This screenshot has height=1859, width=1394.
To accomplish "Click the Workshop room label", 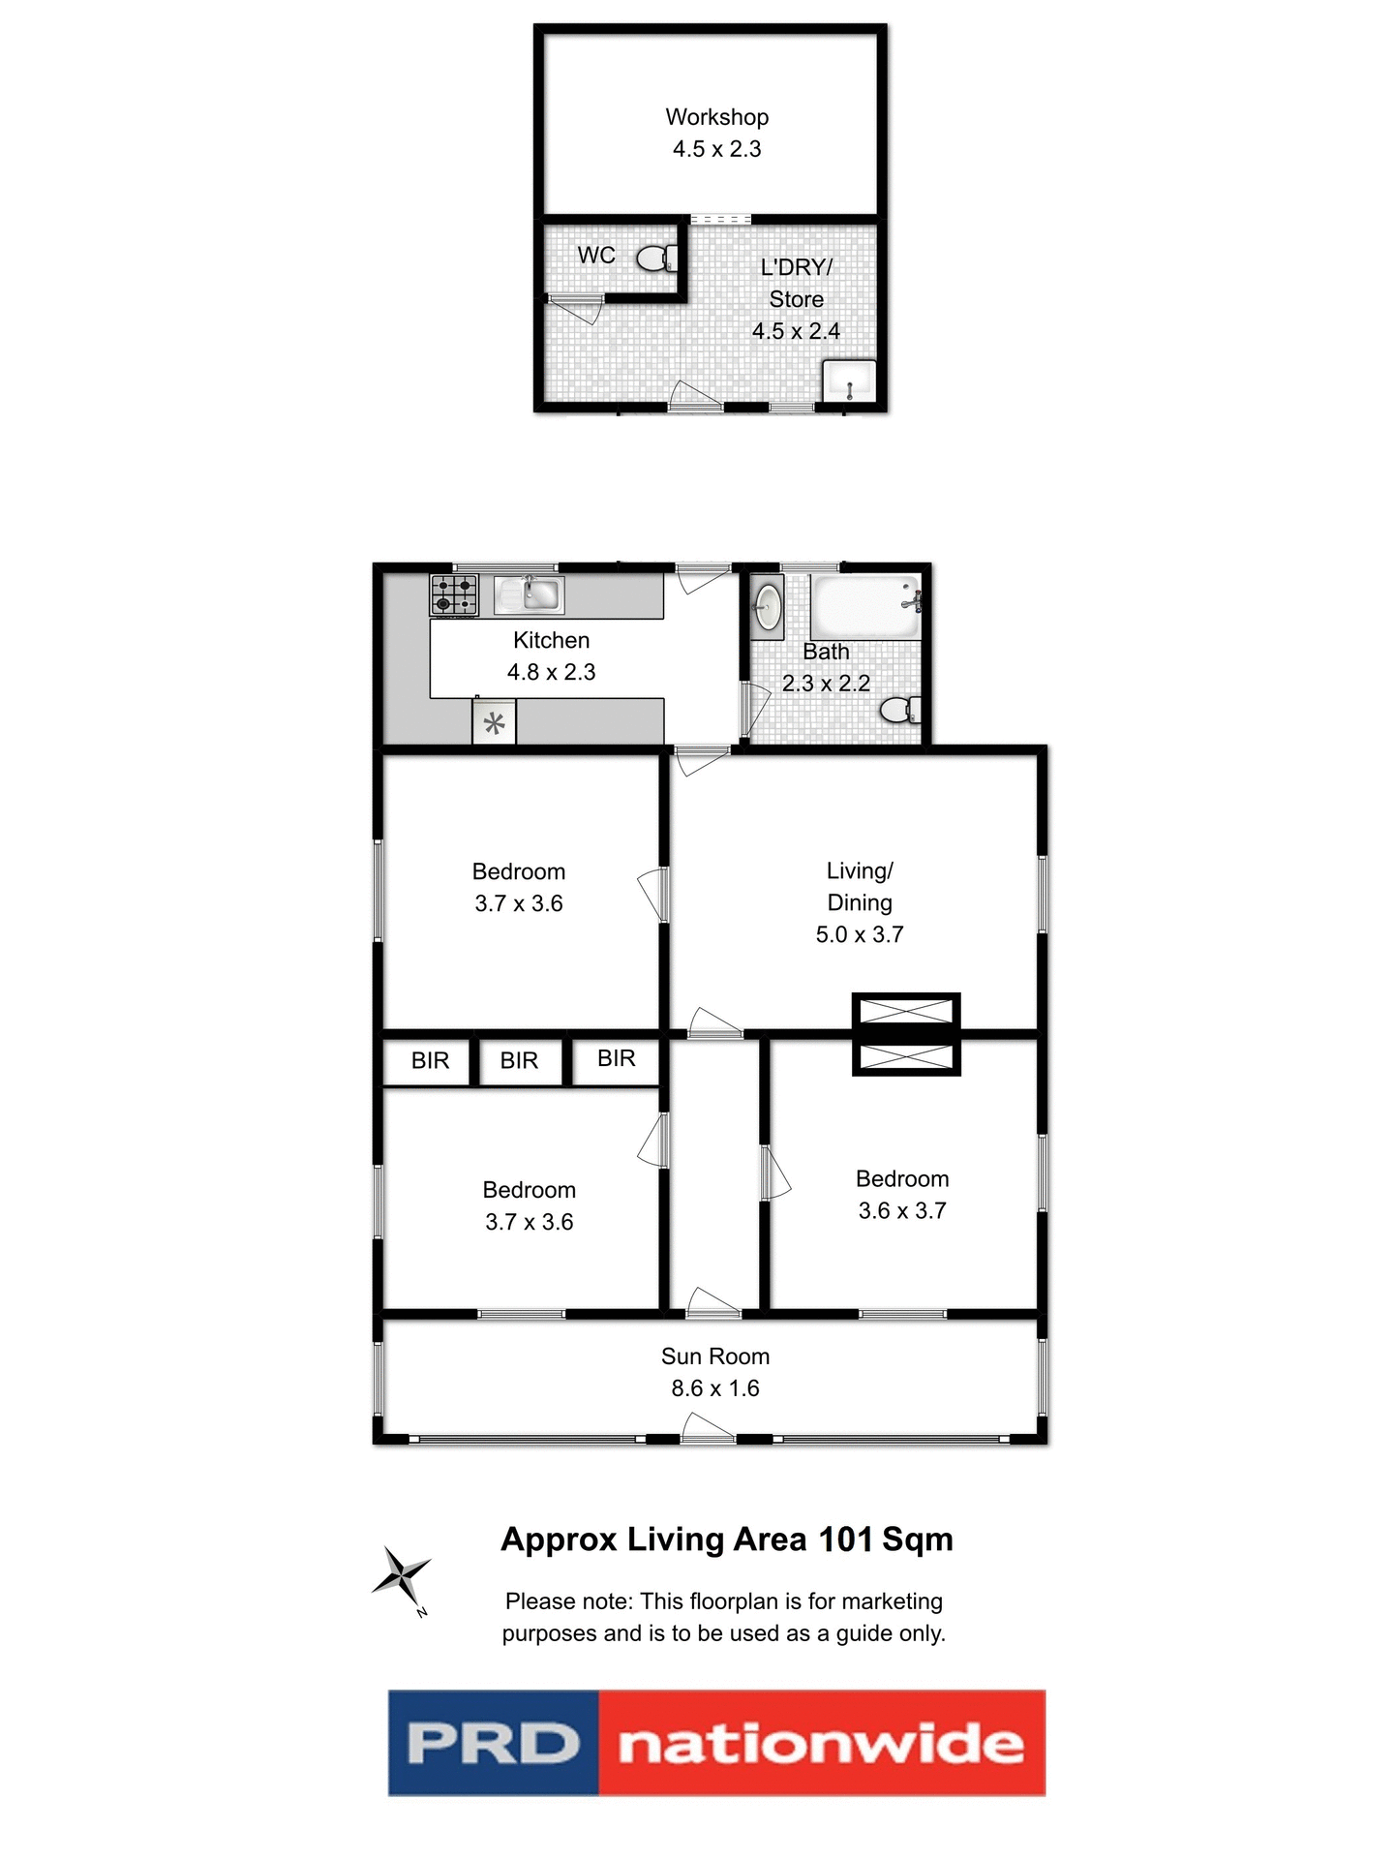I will [716, 117].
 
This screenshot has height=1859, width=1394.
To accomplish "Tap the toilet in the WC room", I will [656, 259].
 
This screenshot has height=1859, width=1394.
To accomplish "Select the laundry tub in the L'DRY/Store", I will [849, 381].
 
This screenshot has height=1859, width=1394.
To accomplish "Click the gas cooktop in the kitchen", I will [454, 594].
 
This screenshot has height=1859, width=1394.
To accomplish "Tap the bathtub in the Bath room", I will [864, 607].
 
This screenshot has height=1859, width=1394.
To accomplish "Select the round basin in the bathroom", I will [768, 607].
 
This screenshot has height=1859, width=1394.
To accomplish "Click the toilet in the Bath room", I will [899, 710].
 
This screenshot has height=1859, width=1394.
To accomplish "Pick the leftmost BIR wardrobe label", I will [430, 1061].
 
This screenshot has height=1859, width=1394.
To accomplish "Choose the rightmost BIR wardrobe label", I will [616, 1058].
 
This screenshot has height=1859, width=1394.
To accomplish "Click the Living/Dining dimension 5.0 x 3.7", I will [859, 934].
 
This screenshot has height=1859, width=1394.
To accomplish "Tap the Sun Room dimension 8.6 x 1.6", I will [715, 1388].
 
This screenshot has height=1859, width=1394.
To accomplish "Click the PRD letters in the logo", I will [493, 1744].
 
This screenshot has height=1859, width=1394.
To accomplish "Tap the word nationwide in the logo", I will [821, 1744].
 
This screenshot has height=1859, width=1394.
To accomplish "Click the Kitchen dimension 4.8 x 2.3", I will [551, 672].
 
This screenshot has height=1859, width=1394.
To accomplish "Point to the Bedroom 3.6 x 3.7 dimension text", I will [901, 1210].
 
